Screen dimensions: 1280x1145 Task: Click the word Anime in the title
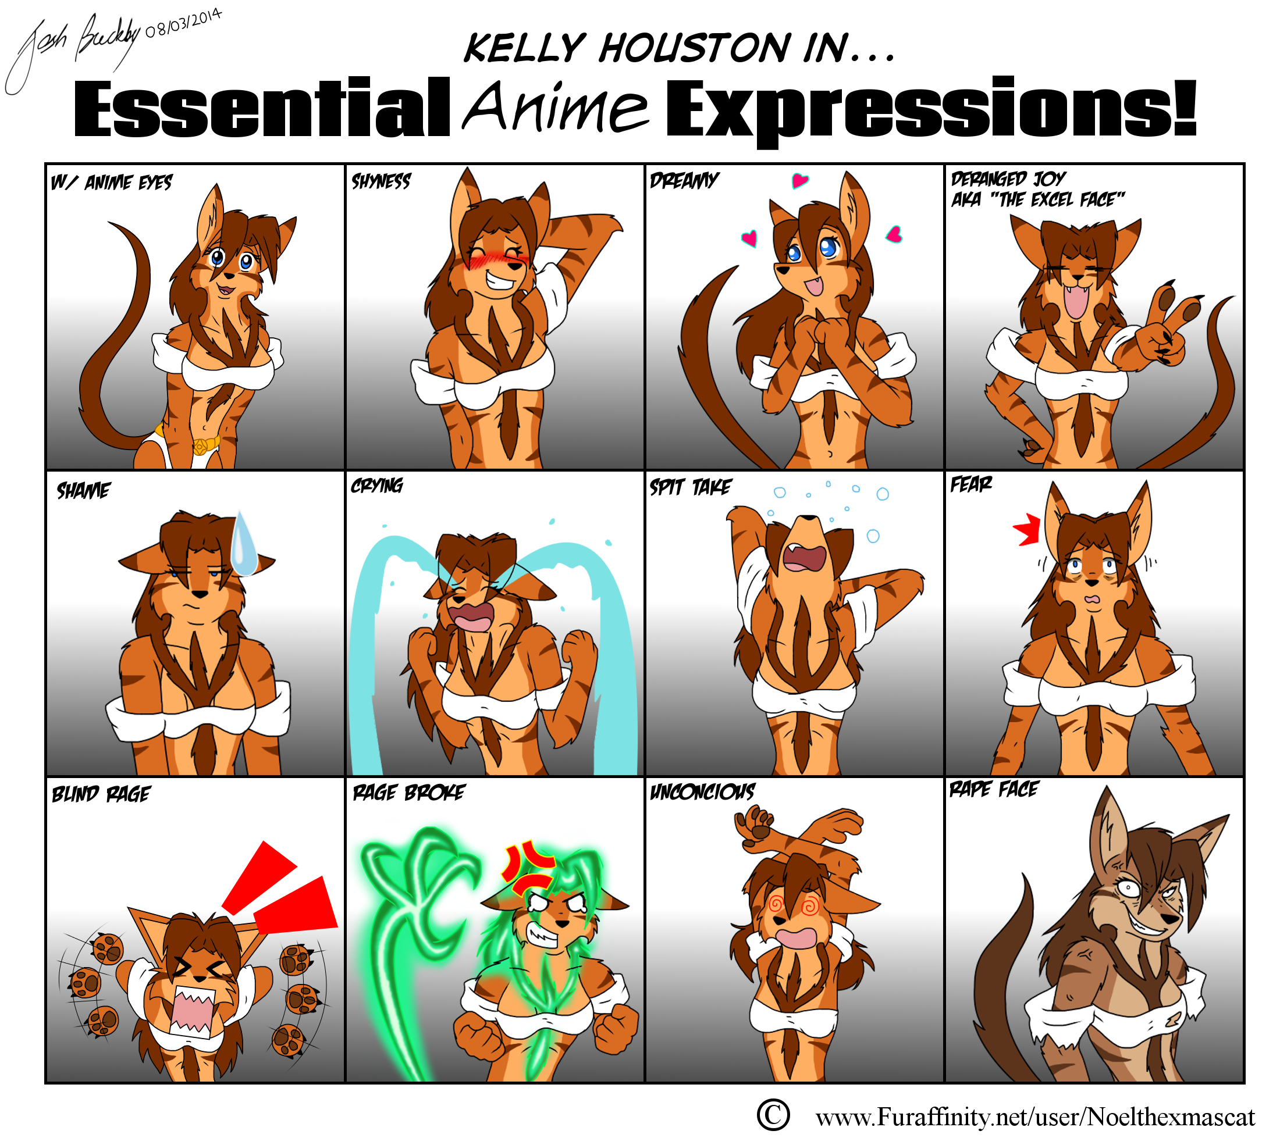(556, 106)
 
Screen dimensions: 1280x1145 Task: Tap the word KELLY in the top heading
(524, 48)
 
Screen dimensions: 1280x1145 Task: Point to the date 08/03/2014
(183, 23)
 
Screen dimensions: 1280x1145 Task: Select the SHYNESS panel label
(381, 182)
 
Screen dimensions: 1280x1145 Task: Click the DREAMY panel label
(684, 180)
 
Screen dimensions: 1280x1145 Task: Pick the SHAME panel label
(83, 490)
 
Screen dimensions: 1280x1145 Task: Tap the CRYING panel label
(377, 485)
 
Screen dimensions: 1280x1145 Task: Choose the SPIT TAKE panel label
(691, 487)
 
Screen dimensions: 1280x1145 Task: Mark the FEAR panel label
(970, 484)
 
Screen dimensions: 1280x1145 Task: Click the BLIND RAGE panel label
(101, 794)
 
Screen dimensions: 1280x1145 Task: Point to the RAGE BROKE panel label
(409, 792)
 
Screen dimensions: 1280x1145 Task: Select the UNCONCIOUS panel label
(702, 791)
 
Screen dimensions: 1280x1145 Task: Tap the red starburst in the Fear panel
(1026, 529)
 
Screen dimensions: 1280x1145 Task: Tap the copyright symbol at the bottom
(773, 1115)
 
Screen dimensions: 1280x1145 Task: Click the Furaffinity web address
(1035, 1117)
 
